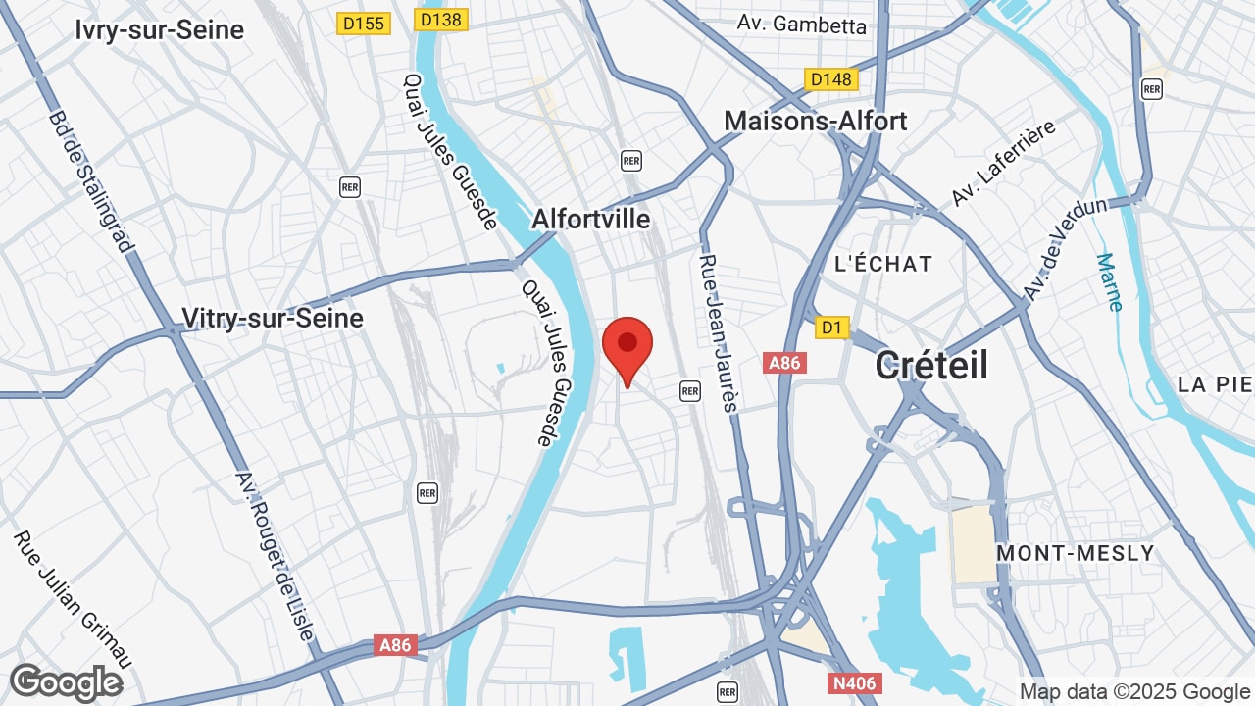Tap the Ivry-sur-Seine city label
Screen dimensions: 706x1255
pyautogui.click(x=159, y=30)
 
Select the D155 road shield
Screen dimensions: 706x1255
pyautogui.click(x=364, y=23)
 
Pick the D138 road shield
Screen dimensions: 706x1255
pyautogui.click(x=441, y=20)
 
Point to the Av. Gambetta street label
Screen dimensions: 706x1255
pyautogui.click(x=802, y=25)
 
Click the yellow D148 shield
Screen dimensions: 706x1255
pyautogui.click(x=830, y=78)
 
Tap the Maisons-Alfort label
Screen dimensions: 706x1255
pyautogui.click(x=816, y=121)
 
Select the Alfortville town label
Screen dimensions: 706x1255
pyautogui.click(x=590, y=219)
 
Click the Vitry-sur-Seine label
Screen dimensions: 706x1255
pyautogui.click(x=273, y=318)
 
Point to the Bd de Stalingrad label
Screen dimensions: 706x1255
pyautogui.click(x=91, y=181)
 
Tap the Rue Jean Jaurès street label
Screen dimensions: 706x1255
pyautogui.click(x=719, y=333)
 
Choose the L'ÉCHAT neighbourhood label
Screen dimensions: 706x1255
pyautogui.click(x=883, y=264)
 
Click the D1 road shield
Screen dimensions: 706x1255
pyautogui.click(x=832, y=328)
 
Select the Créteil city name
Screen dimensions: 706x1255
pyautogui.click(x=931, y=365)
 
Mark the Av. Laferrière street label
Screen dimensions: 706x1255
pyautogui.click(x=1002, y=163)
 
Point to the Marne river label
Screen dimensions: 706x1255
pyautogui.click(x=1109, y=281)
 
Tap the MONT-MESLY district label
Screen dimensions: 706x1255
pyautogui.click(x=1076, y=553)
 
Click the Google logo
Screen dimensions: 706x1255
pyautogui.click(x=67, y=682)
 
